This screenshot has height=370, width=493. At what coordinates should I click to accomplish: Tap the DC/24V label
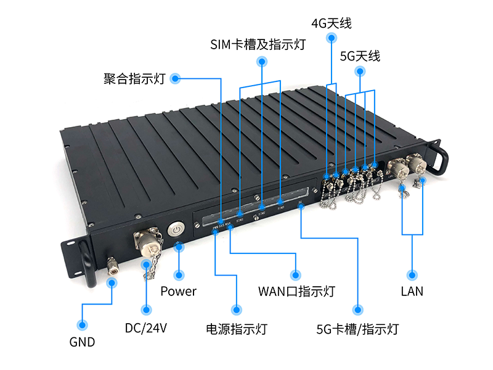click(146, 328)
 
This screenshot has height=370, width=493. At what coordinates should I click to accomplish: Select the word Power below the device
click(178, 291)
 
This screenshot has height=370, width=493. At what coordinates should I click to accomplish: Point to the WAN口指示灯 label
click(296, 291)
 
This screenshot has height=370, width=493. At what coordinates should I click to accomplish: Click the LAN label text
click(412, 291)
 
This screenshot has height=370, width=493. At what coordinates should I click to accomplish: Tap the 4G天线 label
click(332, 24)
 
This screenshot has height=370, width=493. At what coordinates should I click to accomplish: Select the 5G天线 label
click(360, 56)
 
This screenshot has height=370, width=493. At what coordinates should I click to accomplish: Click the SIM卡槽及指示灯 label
click(258, 44)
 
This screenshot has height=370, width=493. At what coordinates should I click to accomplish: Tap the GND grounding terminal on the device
click(112, 267)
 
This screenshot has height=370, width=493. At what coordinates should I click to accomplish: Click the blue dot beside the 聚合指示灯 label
click(175, 78)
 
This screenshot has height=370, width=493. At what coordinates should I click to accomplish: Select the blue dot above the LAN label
click(412, 274)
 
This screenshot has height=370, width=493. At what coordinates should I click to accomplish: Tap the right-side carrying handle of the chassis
click(439, 158)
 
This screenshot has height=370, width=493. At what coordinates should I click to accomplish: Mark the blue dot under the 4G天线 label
click(332, 39)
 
